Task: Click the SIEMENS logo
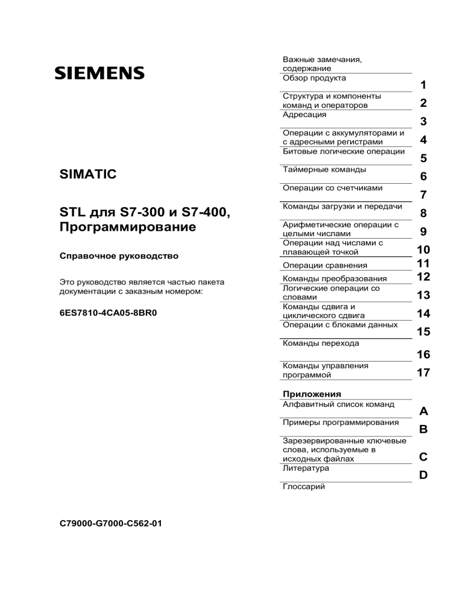99,74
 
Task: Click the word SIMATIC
88,175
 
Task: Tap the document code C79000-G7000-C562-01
111,524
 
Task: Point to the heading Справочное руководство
119,256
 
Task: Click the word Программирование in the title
128,228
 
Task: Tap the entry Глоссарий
304,487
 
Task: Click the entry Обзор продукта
314,78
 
